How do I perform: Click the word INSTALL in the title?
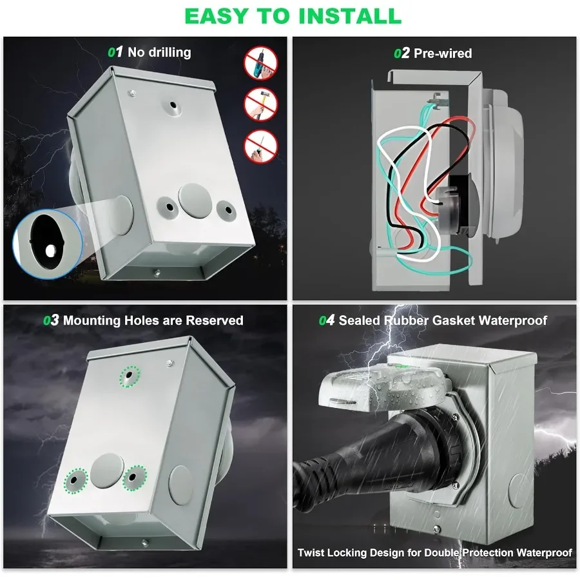pyautogui.click(x=347, y=15)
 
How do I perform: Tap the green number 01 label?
pyautogui.click(x=115, y=52)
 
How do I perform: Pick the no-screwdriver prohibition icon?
pyautogui.click(x=260, y=145)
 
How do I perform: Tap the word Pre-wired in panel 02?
pyautogui.click(x=443, y=53)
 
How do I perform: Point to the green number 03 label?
pyautogui.click(x=51, y=320)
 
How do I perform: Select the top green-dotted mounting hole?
pyautogui.click(x=131, y=376)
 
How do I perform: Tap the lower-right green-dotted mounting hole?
pyautogui.click(x=134, y=478)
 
